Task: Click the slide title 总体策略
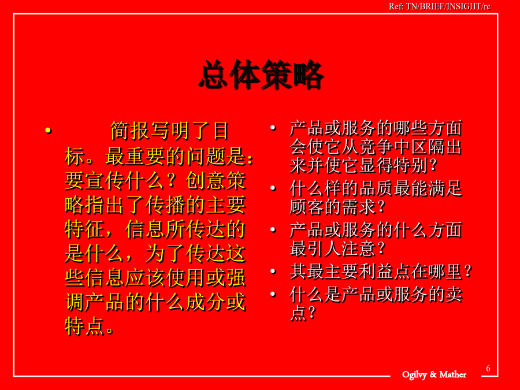tap(261, 75)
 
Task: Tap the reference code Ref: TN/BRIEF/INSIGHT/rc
tap(440, 6)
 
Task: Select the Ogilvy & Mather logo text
tap(434, 375)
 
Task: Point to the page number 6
tap(488, 369)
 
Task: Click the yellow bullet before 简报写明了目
tap(49, 131)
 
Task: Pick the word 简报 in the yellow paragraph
tap(129, 131)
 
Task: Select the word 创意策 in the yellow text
tap(216, 181)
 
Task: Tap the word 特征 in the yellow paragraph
tap(85, 229)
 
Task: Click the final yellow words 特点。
tap(90, 326)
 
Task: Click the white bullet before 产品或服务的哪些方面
tap(273, 128)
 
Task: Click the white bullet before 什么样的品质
tap(273, 188)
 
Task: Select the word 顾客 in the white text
tap(307, 207)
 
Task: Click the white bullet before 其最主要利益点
tap(273, 272)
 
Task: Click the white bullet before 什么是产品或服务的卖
tap(273, 294)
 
